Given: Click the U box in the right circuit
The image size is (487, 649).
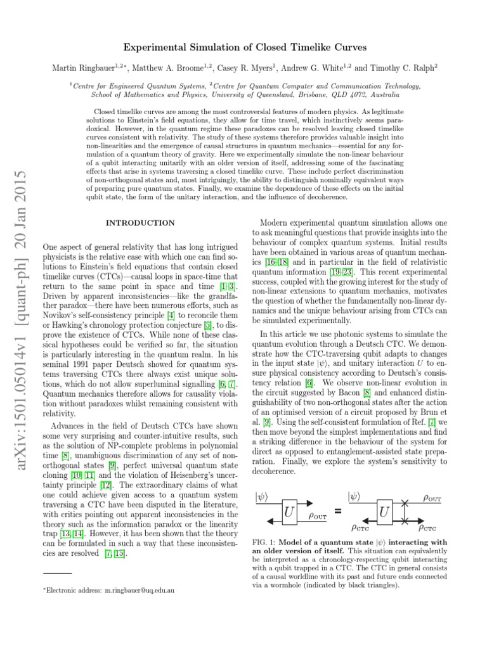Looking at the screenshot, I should point(384,510).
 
